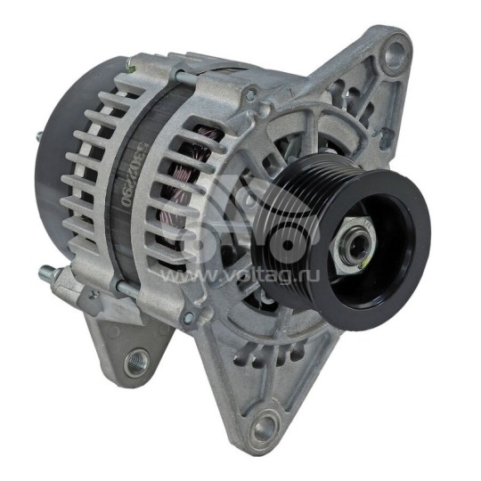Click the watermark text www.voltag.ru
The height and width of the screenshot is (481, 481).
[x=240, y=277]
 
